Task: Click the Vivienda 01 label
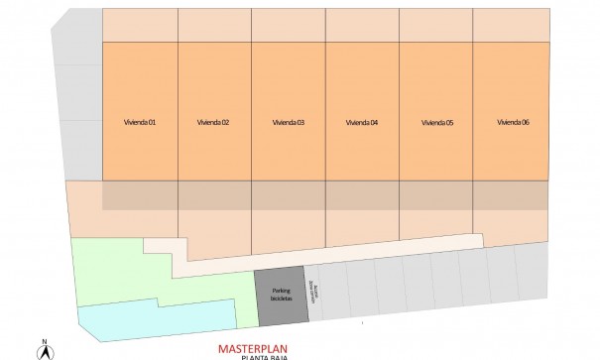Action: point(139,123)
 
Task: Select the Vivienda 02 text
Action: point(213,123)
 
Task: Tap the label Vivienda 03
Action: point(288,123)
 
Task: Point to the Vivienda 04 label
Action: point(362,123)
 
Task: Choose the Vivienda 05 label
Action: point(436,123)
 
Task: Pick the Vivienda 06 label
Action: point(512,123)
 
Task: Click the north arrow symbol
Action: point(45,350)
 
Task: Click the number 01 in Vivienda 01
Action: point(153,123)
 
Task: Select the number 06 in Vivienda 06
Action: point(526,123)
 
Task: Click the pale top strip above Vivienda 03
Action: point(288,25)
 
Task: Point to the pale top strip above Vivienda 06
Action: point(510,25)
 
